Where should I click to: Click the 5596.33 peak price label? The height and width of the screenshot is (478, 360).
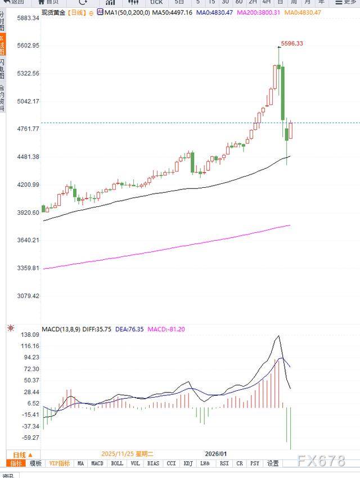tap(292, 43)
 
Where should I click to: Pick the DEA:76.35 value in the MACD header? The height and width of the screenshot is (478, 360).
tap(130, 329)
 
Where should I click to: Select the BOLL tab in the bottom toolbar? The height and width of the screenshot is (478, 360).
tap(117, 463)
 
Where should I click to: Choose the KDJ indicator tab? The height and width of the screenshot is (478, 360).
tap(188, 463)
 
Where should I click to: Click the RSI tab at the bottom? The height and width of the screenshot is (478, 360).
tap(224, 463)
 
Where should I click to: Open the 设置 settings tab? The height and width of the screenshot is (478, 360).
tap(273, 463)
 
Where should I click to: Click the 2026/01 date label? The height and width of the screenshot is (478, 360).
tap(216, 454)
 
